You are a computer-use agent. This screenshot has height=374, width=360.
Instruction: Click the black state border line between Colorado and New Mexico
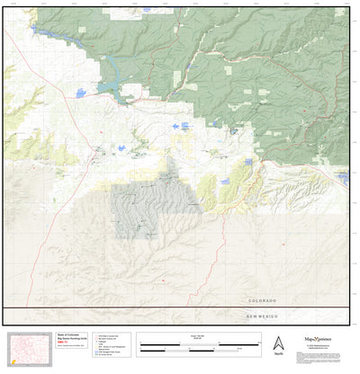click(180, 308)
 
